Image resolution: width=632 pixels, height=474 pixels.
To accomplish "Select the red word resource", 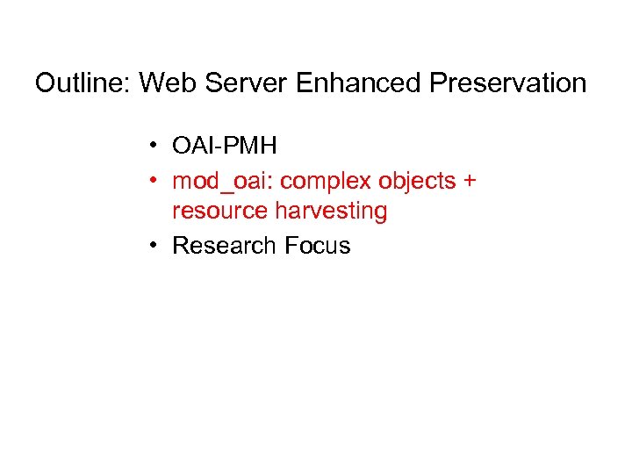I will (x=219, y=211).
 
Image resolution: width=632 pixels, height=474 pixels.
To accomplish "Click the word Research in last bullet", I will (x=224, y=246).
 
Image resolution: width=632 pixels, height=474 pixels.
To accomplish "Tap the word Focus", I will (x=316, y=246).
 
